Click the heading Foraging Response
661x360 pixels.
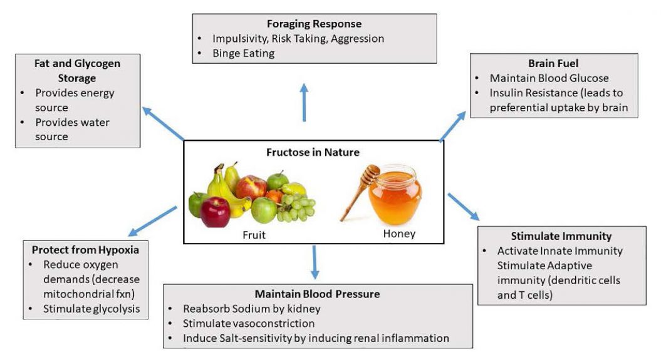[314, 24]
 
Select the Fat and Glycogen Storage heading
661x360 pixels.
[77, 71]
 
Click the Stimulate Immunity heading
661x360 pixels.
[561, 236]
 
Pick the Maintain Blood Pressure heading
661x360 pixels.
[317, 294]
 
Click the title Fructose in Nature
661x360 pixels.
[314, 152]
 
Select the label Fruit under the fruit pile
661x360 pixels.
[254, 235]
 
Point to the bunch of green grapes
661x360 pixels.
[295, 208]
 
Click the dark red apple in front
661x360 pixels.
[215, 212]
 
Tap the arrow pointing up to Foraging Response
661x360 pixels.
[304, 102]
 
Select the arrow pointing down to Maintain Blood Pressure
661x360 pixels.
[315, 262]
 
